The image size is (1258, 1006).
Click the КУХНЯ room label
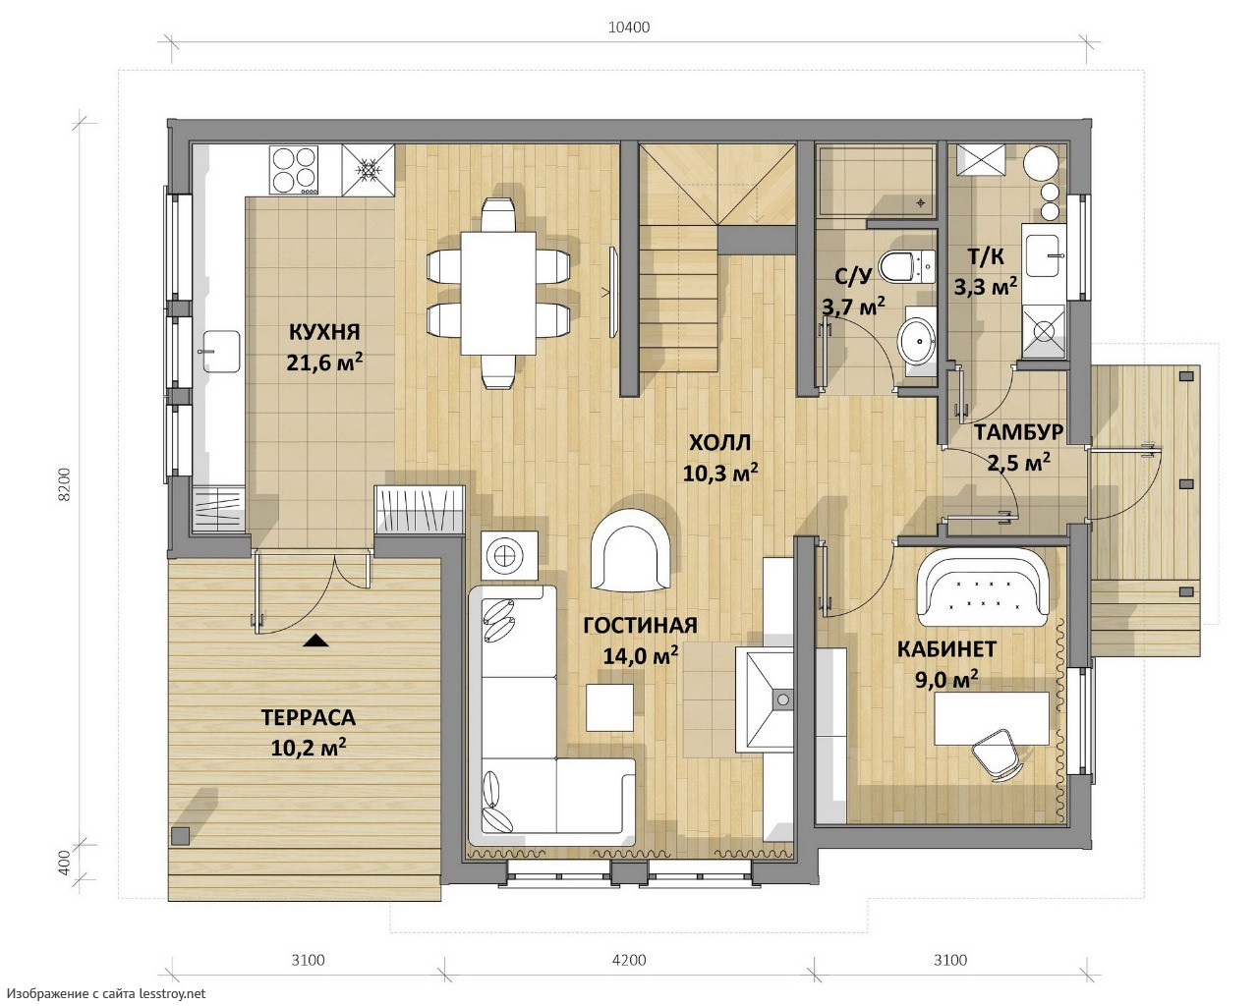coord(324,332)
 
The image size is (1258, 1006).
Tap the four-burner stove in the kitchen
coord(294,170)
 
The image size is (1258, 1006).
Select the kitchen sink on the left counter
coord(221,352)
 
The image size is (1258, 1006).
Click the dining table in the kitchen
coord(498,294)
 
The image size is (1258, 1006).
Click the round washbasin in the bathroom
coord(917,341)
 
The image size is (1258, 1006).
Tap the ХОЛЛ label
coord(719,443)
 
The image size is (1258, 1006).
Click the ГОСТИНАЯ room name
coord(640,625)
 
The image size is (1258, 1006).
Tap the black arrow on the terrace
coord(316,641)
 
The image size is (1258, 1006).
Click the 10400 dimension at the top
coord(629,28)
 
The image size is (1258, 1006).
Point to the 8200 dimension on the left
coord(64,483)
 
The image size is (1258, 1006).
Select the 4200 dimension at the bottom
coord(629,959)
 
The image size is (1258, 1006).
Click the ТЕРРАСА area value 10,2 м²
coord(308,747)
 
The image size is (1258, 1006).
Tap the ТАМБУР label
coord(1018,432)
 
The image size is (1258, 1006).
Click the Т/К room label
coord(986,256)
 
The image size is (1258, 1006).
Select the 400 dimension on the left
coord(64,863)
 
